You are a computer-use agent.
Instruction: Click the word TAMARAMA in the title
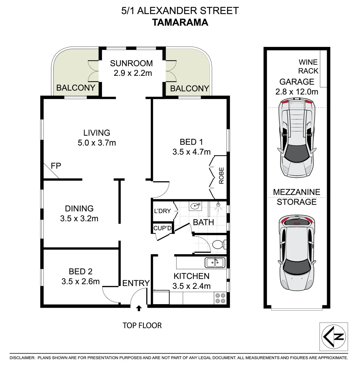pos(180,23)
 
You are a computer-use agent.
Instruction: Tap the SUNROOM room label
pos(131,63)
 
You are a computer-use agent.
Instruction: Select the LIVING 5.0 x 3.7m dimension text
pos(97,143)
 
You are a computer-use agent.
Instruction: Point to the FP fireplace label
pos(56,166)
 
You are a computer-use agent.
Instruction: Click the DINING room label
pos(79,208)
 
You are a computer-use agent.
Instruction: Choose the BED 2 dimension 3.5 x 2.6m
pos(80,282)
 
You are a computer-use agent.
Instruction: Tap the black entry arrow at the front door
pos(139,308)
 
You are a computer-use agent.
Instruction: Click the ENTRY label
pos(136,283)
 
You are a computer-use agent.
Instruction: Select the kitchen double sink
pos(215,263)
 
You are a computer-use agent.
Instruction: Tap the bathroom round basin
pos(195,206)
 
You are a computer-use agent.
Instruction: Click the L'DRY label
pos(162,211)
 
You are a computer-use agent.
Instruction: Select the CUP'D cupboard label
pos(162,227)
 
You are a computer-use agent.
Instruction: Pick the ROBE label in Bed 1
pos(221,175)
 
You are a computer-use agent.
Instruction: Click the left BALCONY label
pos(76,88)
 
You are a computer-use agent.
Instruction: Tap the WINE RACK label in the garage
pos(308,66)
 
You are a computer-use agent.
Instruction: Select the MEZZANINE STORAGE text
pos(296,197)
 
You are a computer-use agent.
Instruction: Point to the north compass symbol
pos(333,336)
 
